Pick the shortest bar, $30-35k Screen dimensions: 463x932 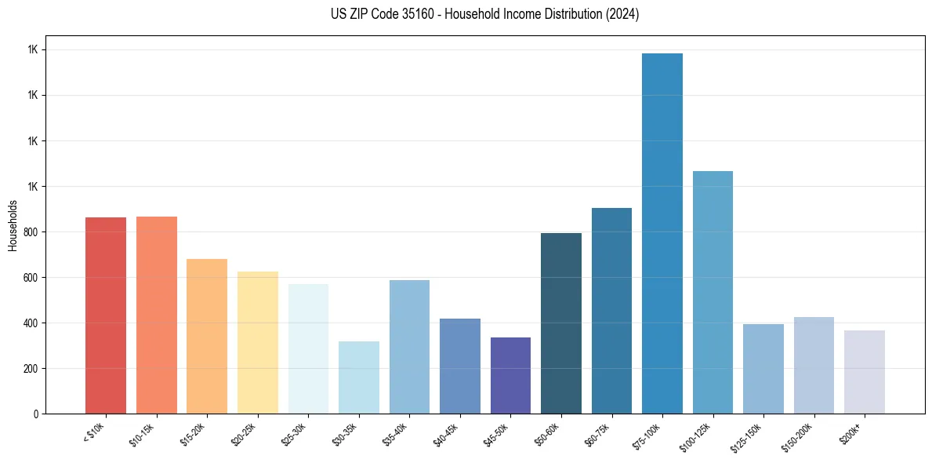(359, 377)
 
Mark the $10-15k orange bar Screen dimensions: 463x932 (157, 315)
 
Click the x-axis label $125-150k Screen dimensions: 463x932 (748, 436)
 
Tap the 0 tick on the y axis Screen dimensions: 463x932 (37, 414)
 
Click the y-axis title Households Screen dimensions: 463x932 (13, 225)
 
